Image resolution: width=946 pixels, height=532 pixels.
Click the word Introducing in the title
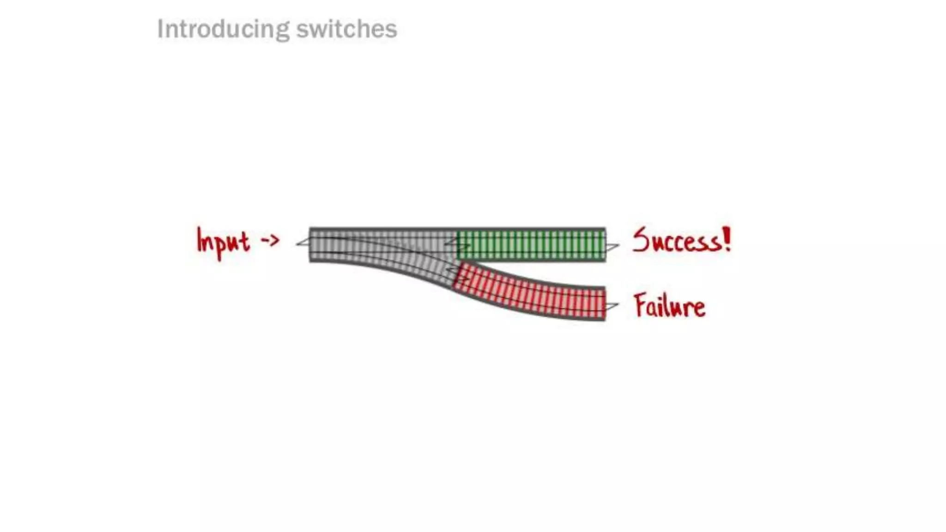(222, 30)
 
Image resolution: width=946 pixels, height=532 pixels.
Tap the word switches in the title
(346, 30)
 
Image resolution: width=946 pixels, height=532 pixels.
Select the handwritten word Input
(223, 242)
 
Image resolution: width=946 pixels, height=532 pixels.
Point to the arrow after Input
(270, 240)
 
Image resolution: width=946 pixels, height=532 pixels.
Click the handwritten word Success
(675, 241)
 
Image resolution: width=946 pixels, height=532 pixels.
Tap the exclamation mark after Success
(727, 239)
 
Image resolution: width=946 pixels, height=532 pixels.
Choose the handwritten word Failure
(669, 305)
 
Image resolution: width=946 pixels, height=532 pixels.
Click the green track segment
(531, 245)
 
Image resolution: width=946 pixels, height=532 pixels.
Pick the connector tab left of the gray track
(303, 242)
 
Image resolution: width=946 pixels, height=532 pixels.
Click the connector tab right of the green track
(612, 248)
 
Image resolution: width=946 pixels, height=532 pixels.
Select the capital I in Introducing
(160, 30)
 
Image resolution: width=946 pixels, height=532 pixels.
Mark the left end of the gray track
(310, 245)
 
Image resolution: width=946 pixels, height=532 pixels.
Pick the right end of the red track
(604, 303)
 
